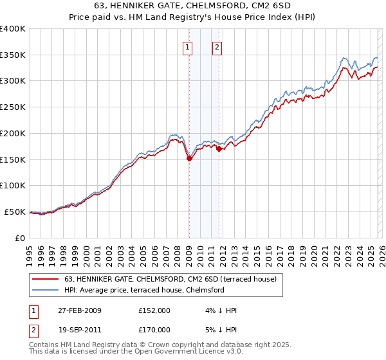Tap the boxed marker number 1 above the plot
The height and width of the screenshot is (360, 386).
[187, 46]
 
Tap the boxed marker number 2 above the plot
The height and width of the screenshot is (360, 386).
[217, 46]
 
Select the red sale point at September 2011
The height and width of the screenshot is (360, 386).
[219, 148]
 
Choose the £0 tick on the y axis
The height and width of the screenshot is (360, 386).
[21, 238]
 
